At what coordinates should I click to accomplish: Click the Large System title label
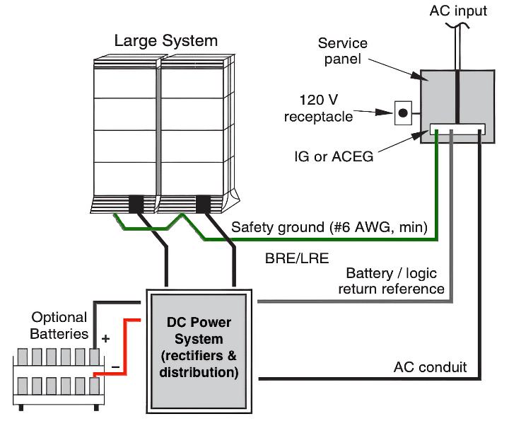[166, 40]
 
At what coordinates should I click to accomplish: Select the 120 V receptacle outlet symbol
[403, 112]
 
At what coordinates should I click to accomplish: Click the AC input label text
[458, 10]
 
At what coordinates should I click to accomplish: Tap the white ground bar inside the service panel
[458, 129]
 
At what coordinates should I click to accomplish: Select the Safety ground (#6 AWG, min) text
[329, 227]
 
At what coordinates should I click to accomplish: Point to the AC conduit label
[430, 367]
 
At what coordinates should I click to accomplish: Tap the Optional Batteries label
[59, 325]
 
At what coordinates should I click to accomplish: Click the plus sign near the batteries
[106, 338]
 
